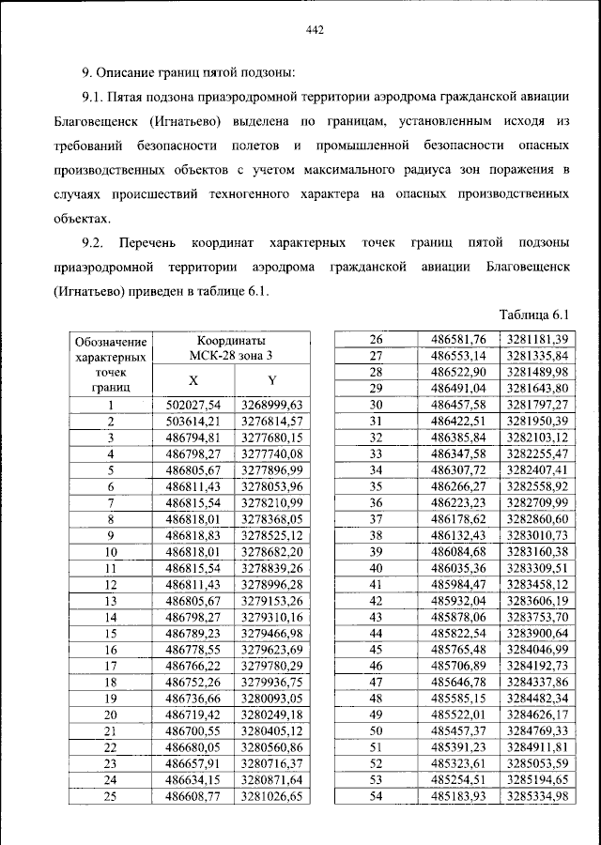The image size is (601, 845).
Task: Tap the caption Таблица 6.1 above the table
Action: pyautogui.click(x=535, y=315)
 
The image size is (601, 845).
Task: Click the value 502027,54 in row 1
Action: pyautogui.click(x=193, y=406)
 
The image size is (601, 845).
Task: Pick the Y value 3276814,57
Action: pyautogui.click(x=272, y=421)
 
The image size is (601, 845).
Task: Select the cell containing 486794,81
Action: pyautogui.click(x=193, y=437)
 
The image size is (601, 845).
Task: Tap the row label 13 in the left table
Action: pyautogui.click(x=111, y=600)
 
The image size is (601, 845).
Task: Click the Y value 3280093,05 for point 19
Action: pyautogui.click(x=272, y=699)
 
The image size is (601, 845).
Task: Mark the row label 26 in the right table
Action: pyautogui.click(x=377, y=339)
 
